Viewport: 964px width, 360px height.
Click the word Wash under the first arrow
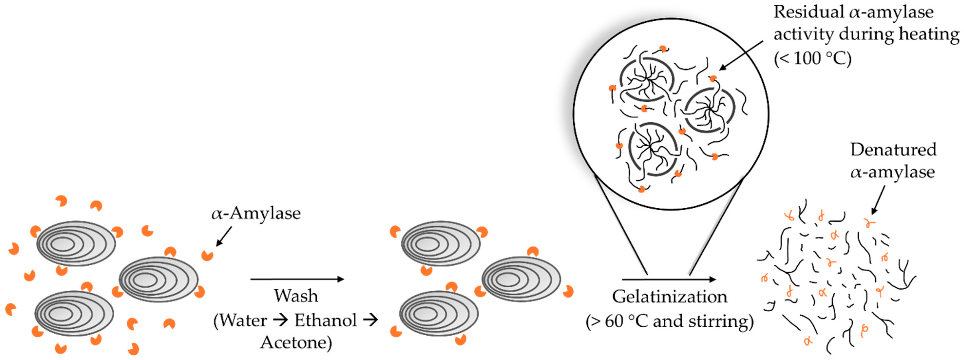coord(296,296)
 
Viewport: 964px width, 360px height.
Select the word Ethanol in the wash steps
coord(325,320)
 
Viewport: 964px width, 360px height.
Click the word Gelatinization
coord(669,297)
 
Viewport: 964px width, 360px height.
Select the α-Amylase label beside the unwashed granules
coord(256,213)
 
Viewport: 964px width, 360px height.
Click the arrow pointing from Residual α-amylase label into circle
coord(741,55)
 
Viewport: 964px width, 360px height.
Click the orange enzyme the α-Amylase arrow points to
coord(207,256)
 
